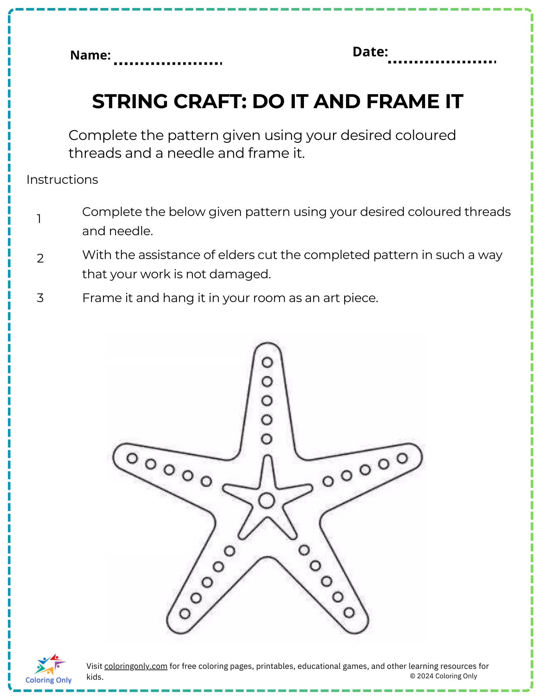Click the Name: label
click(x=90, y=55)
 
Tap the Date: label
click(x=370, y=52)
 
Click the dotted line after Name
click(x=168, y=63)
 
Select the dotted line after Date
click(x=442, y=62)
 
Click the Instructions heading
click(x=62, y=180)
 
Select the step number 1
click(x=39, y=219)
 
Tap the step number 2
click(x=40, y=258)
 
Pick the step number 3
click(x=40, y=298)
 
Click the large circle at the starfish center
click(x=267, y=500)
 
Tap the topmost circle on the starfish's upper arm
click(x=267, y=362)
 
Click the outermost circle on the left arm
click(x=132, y=458)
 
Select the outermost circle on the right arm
click(x=402, y=458)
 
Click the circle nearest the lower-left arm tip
click(x=185, y=614)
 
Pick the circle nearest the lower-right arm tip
click(x=349, y=612)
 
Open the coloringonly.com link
click(x=136, y=666)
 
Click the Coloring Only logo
click(x=49, y=668)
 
